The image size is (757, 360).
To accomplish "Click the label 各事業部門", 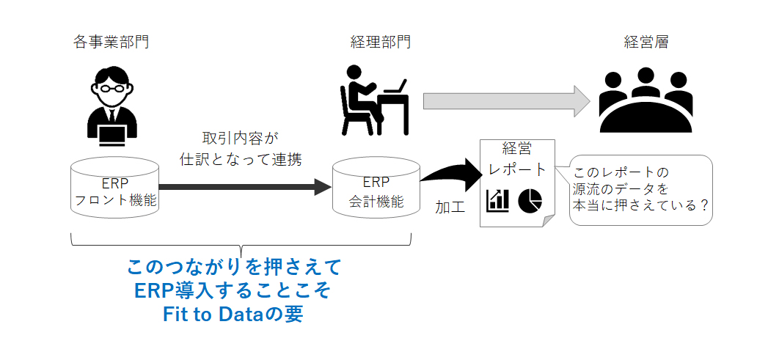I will click(111, 42).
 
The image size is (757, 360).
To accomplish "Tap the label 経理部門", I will click(380, 42).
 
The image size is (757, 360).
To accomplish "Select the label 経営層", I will click(646, 42).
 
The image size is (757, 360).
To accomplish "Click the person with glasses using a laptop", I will click(112, 106).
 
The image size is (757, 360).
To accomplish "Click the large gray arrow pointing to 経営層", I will click(506, 101).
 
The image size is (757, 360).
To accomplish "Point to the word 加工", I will click(450, 207).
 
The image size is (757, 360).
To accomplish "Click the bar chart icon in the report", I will click(497, 200).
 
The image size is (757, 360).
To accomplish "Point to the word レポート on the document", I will click(518, 170).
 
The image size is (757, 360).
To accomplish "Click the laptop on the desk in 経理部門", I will click(395, 86).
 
